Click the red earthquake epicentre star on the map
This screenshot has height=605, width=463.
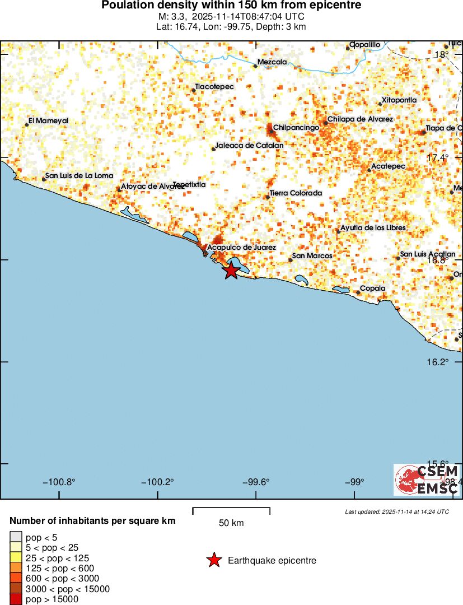click(231, 271)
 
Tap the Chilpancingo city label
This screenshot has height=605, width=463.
click(296, 128)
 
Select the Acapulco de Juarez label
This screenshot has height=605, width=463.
click(241, 247)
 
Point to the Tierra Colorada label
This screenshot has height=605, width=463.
click(296, 193)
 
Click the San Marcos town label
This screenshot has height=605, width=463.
click(312, 256)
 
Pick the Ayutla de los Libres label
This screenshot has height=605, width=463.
click(373, 227)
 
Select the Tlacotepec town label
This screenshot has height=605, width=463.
click(214, 87)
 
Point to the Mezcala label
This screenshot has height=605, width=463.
click(272, 62)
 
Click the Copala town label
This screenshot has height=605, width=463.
click(372, 288)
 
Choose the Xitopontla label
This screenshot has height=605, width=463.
click(399, 100)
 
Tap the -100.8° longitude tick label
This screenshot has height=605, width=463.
click(62, 482)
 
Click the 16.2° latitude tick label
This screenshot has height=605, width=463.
click(437, 362)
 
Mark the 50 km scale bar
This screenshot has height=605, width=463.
click(231, 511)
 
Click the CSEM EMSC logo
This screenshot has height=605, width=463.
click(427, 480)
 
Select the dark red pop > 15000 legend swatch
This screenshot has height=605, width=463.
click(16, 599)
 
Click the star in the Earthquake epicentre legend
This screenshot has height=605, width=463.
click(213, 560)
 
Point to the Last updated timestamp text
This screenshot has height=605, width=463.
click(397, 511)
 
